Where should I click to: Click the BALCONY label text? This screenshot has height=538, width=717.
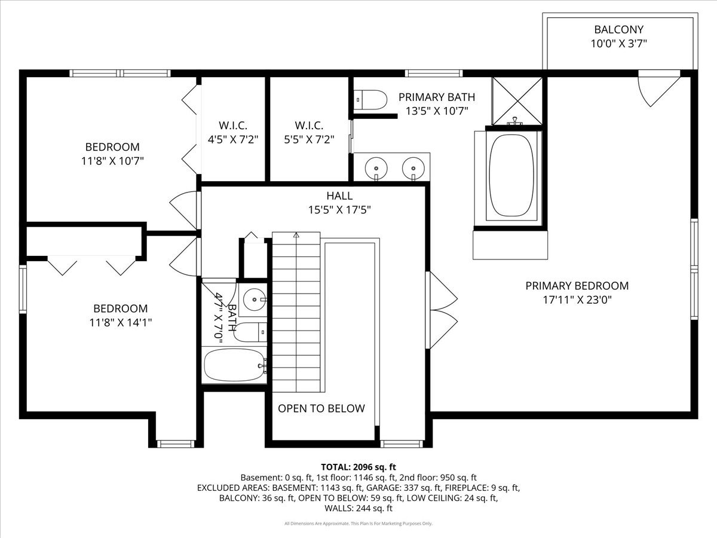coord(618,29)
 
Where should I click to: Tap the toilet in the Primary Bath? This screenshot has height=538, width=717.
coord(370,100)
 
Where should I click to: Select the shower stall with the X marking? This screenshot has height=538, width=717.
coord(517,101)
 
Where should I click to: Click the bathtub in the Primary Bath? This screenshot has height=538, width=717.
coord(511,175)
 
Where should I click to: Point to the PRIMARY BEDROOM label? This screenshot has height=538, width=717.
coord(577,286)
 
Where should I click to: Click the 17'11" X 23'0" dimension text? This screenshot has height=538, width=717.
coord(577,299)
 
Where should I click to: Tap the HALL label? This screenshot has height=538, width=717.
coord(339,195)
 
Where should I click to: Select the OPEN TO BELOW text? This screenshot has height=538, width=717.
coord(321,408)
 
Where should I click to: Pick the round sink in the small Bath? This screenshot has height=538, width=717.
coord(254,299)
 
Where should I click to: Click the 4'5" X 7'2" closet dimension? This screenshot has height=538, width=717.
coord(233,139)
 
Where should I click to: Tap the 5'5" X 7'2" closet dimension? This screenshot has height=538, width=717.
coord(309,139)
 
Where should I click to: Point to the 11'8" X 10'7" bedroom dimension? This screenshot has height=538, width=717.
coord(112,161)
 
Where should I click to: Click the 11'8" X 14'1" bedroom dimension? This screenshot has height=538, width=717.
coord(121,322)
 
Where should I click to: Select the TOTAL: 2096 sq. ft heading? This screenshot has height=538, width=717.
coord(358,467)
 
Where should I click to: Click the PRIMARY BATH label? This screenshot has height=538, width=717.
coord(437,97)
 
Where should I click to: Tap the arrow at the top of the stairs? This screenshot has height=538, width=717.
coord(296,234)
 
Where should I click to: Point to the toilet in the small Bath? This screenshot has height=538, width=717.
coord(250,332)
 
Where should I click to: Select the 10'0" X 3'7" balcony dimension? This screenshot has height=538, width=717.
coord(618,44)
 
